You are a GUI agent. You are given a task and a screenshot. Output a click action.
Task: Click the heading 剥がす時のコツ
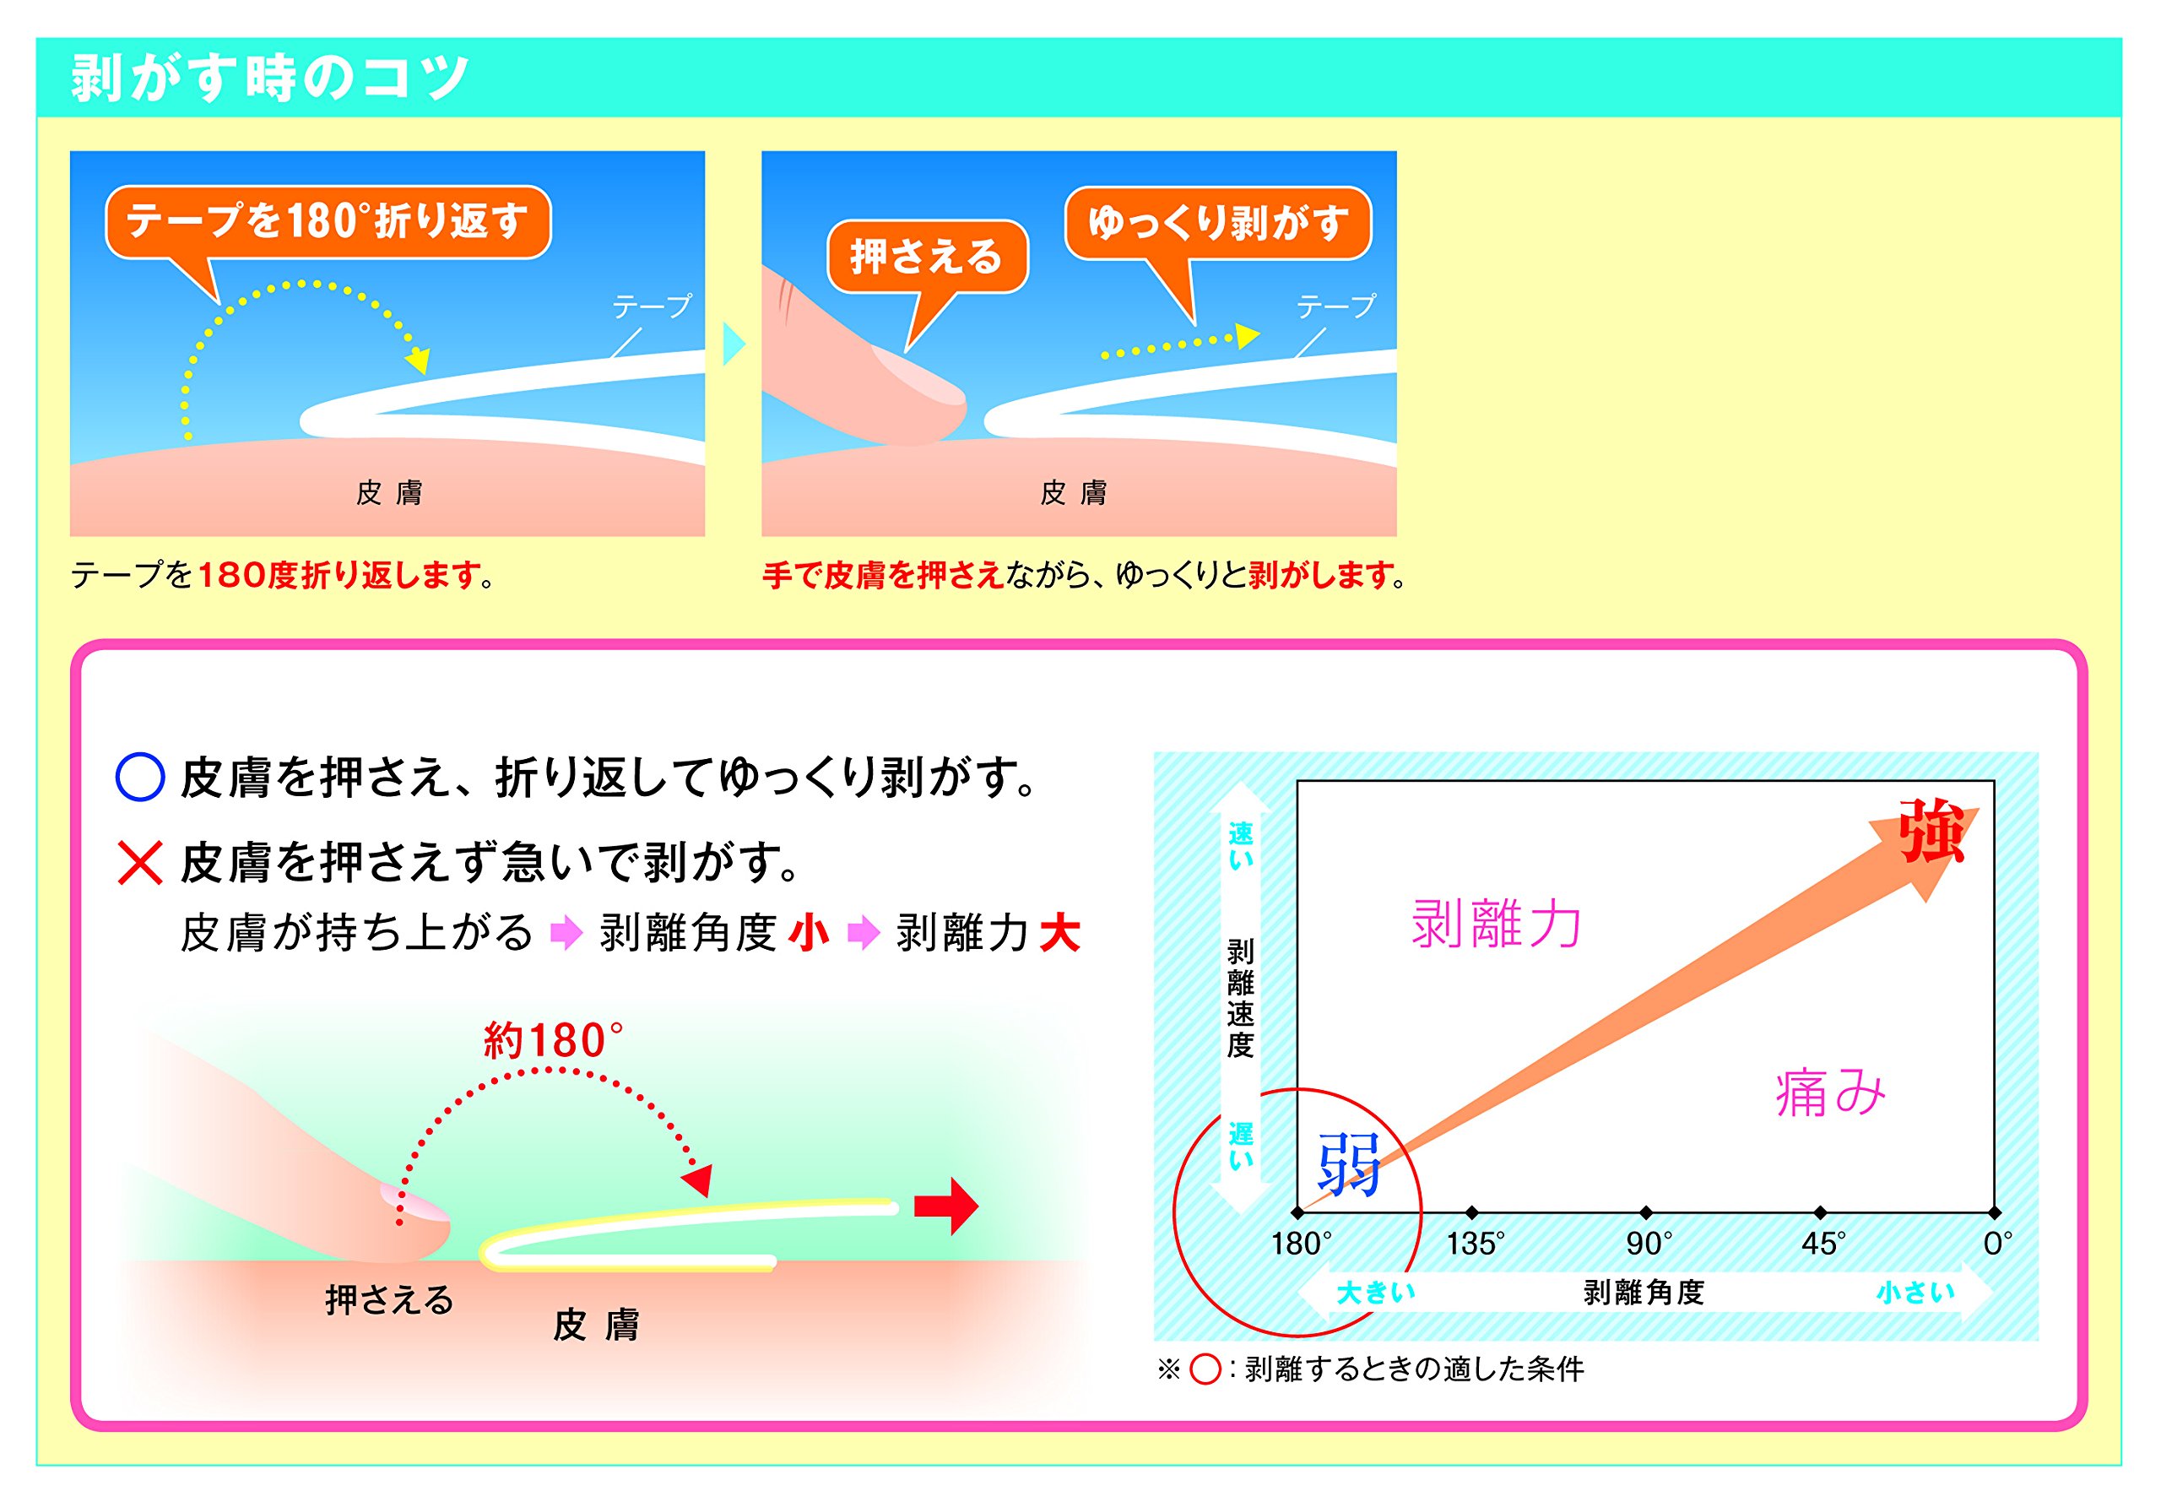pyautogui.click(x=270, y=78)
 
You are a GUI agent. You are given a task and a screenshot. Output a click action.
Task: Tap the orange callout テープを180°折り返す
pyautogui.click(x=328, y=221)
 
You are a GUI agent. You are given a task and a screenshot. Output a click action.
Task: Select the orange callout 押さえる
pyautogui.click(x=928, y=257)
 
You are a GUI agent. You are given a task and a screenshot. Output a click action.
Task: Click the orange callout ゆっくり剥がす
pyautogui.click(x=1218, y=223)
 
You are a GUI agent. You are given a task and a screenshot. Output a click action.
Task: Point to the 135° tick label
pyautogui.click(x=1476, y=1244)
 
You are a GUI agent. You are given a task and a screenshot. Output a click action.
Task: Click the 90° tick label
pyautogui.click(x=1649, y=1244)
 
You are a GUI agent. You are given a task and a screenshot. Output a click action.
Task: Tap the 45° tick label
pyautogui.click(x=1824, y=1244)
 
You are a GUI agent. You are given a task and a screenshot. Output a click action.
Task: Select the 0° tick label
pyautogui.click(x=1997, y=1244)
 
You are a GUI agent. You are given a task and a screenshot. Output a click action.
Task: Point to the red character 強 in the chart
pyautogui.click(x=1932, y=831)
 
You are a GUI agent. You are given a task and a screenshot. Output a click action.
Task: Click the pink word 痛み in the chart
pyautogui.click(x=1830, y=1092)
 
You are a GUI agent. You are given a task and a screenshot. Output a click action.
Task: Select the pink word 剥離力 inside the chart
pyautogui.click(x=1496, y=924)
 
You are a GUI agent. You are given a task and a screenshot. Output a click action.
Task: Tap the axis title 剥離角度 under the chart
pyautogui.click(x=1644, y=1293)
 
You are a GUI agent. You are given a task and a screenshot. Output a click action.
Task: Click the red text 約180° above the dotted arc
pyautogui.click(x=553, y=1041)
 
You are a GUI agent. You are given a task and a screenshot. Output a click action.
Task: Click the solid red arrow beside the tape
pyautogui.click(x=946, y=1206)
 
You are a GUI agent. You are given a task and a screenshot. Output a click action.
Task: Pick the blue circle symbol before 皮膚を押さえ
pyautogui.click(x=140, y=778)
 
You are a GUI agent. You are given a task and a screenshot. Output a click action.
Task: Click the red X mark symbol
pyautogui.click(x=141, y=862)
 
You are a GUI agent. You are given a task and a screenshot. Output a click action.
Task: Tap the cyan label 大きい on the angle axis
pyautogui.click(x=1376, y=1293)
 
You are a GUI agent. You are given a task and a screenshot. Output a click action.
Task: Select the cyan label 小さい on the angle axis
pyautogui.click(x=1915, y=1293)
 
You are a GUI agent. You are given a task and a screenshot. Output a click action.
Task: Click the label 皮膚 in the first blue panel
pyautogui.click(x=389, y=492)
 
